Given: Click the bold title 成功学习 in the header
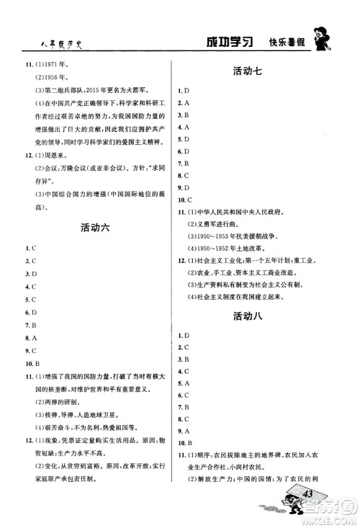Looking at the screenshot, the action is (x=228, y=42).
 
